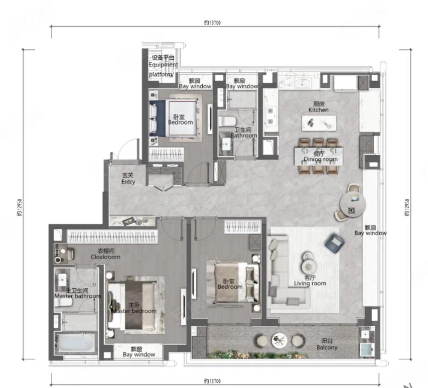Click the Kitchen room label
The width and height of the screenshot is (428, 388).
click(x=318, y=107)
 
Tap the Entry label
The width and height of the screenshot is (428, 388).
click(x=128, y=178)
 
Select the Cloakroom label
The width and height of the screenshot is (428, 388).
click(x=105, y=254)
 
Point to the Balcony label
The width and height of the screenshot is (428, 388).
click(x=327, y=344)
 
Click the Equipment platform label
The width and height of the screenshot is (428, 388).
click(x=163, y=66)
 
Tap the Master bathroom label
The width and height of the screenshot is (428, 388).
click(x=78, y=293)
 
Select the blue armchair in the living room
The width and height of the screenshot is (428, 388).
click(x=334, y=244)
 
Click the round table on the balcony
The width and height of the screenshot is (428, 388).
click(x=279, y=341)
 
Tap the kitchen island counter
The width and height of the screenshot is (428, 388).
click(x=319, y=124)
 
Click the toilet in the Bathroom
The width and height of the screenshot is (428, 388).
click(x=227, y=121)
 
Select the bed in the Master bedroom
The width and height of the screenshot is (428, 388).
click(x=132, y=306)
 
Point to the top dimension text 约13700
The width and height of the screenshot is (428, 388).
click(x=212, y=22)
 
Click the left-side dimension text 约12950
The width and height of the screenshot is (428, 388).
click(x=19, y=207)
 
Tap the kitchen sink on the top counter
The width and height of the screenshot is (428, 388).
click(x=302, y=83)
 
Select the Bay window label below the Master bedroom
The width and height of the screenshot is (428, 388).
click(x=139, y=352)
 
